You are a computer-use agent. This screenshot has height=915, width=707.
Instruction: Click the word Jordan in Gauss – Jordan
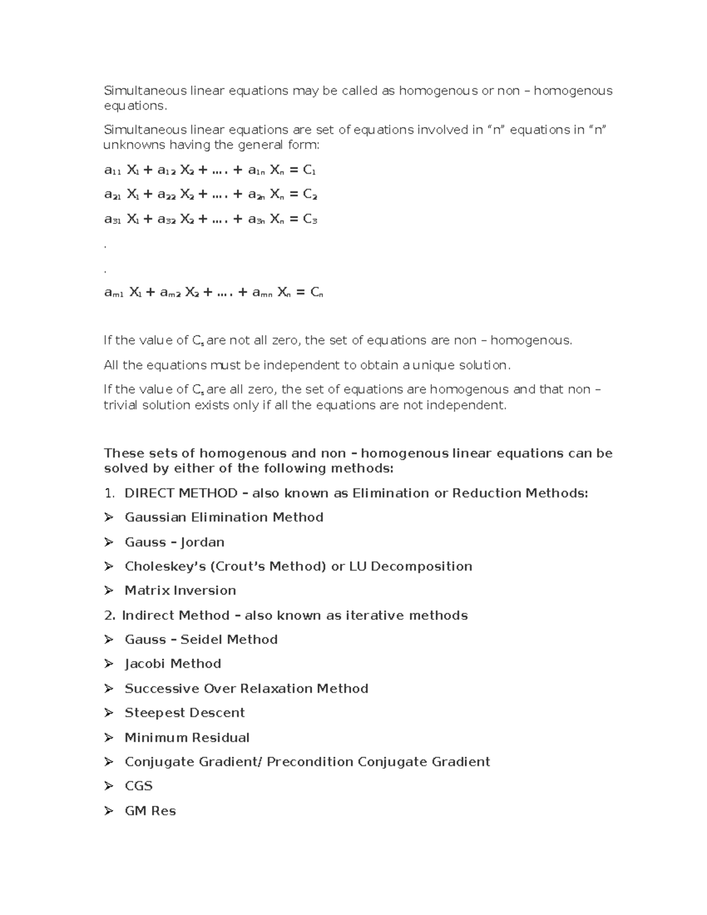pyautogui.click(x=202, y=542)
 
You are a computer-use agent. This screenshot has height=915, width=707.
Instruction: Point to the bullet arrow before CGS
pyautogui.click(x=108, y=786)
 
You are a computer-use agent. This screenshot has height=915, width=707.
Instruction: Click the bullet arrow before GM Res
pyautogui.click(x=108, y=811)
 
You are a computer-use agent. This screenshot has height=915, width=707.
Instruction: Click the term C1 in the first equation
pyautogui.click(x=309, y=170)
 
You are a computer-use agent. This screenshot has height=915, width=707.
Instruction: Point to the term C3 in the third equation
pyautogui.click(x=310, y=219)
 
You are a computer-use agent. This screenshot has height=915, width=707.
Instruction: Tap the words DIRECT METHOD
pyautogui.click(x=181, y=493)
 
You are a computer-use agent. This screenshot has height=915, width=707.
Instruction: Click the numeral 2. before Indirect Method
pyautogui.click(x=110, y=615)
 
